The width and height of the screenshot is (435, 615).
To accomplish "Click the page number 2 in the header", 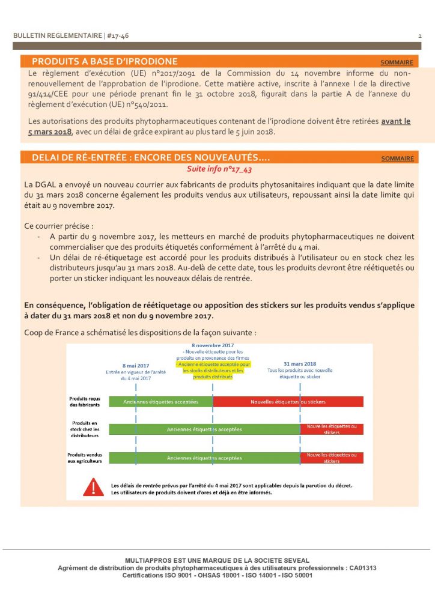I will click(419, 36).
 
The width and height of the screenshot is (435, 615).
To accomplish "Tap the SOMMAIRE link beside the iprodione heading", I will click(397, 62).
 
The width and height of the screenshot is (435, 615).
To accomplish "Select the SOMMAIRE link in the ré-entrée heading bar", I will click(397, 159).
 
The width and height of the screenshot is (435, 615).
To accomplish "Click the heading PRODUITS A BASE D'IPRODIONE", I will click(105, 61).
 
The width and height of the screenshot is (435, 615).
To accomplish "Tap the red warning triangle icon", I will click(93, 486).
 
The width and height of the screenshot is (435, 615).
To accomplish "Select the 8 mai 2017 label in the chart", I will click(136, 365).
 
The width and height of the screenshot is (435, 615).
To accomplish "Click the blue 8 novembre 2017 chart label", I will click(213, 346).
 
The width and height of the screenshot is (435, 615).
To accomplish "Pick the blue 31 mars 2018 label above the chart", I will click(300, 363).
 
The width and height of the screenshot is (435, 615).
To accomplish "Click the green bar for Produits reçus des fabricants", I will click(160, 401).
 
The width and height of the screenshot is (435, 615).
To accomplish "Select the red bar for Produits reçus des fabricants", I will click(288, 401).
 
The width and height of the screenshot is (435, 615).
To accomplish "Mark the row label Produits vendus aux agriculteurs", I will click(85, 458).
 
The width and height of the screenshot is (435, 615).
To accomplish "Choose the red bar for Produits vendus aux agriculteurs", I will click(332, 458).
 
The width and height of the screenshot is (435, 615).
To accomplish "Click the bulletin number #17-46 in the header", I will click(117, 36).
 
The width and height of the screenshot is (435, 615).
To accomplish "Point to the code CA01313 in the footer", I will click(362, 568).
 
